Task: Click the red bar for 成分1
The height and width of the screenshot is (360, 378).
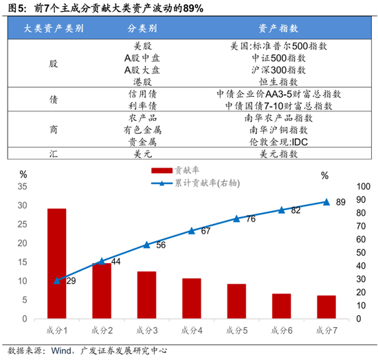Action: click(56, 264)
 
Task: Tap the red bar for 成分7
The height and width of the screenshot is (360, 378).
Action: click(326, 307)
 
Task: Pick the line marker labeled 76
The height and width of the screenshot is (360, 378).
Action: click(236, 218)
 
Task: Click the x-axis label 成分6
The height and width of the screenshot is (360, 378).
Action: click(281, 330)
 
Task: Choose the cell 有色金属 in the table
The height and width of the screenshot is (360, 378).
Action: click(142, 129)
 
